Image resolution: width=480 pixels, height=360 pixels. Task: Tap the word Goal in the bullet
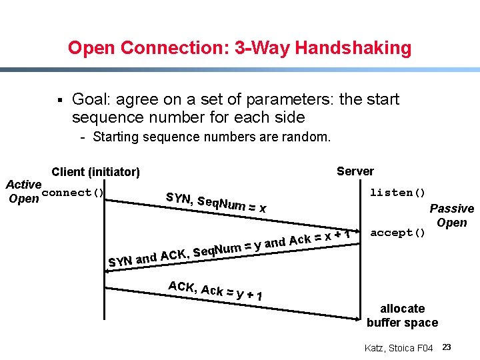coord(91,100)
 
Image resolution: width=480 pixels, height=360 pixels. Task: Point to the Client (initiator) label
coord(95,172)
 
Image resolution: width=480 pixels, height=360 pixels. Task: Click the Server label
coord(355,171)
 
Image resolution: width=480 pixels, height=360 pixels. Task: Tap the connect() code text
coord(73,193)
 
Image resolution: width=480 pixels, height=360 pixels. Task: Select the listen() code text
coord(397,193)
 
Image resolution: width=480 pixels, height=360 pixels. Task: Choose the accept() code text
coord(397,233)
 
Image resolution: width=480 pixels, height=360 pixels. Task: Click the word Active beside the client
coord(24,184)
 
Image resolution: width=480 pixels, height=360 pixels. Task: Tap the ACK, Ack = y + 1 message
coord(215,291)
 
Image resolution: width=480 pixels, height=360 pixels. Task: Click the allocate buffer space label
coord(402,315)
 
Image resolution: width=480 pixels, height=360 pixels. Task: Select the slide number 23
coord(447,347)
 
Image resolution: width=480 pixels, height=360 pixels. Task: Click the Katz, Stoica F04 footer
coord(399,348)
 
